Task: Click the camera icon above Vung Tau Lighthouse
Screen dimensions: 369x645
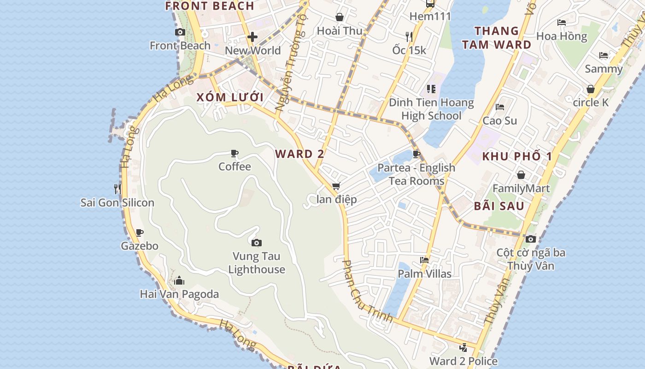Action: click(x=257, y=243)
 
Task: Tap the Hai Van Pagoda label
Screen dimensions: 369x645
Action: click(x=179, y=294)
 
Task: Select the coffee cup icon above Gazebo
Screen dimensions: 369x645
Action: click(x=140, y=232)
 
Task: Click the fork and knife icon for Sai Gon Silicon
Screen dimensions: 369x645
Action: click(x=117, y=189)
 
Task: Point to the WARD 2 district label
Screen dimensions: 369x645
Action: click(x=300, y=154)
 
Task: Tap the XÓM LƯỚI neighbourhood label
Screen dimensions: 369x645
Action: click(x=230, y=97)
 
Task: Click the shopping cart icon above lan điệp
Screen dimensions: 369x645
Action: click(x=336, y=186)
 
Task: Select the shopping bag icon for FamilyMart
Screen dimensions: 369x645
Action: click(x=521, y=175)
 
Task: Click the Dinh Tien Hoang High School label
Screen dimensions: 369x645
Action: click(x=431, y=109)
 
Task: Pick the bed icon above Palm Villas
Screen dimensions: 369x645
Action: click(x=424, y=260)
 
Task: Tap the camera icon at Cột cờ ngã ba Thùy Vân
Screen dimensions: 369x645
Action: click(x=531, y=239)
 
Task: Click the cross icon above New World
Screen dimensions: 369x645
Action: click(x=252, y=37)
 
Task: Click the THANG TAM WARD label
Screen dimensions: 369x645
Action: click(x=497, y=38)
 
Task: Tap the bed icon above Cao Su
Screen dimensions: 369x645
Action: click(x=500, y=107)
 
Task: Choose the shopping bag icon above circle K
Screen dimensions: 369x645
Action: click(x=591, y=89)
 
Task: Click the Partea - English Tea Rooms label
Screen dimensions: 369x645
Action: click(x=416, y=174)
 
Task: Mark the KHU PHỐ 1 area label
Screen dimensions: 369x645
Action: click(x=516, y=156)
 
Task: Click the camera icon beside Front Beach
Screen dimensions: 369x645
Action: click(x=180, y=32)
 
